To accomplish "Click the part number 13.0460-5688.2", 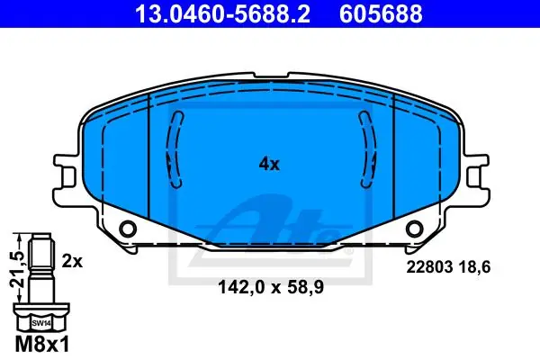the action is (223, 13).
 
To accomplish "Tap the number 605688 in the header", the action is (381, 13).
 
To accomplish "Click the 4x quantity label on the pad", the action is (269, 165).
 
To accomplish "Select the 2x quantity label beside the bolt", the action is (72, 262).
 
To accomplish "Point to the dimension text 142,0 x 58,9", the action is (271, 287).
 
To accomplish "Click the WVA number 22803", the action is (429, 267).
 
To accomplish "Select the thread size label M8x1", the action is (42, 345).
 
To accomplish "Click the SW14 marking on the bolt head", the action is (41, 323).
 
